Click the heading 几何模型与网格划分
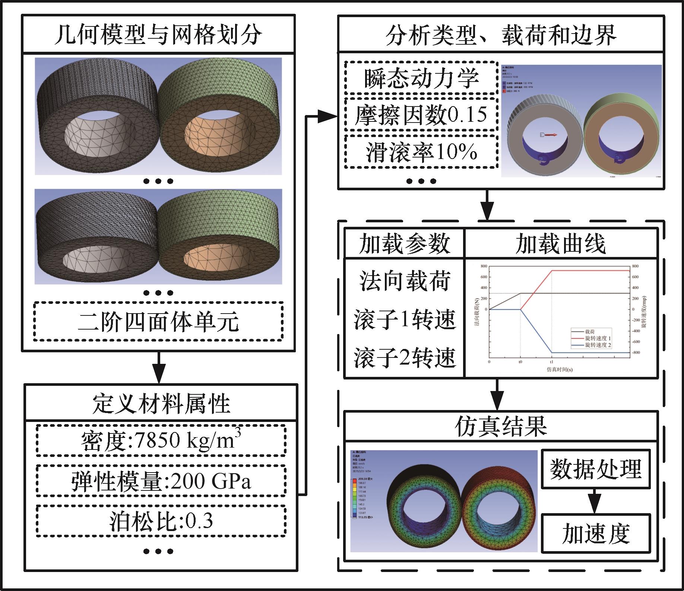point(158,35)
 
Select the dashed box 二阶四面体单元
point(158,321)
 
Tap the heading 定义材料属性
point(161,404)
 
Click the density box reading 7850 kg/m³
point(161,441)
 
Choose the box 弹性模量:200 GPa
point(161,481)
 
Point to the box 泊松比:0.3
point(161,521)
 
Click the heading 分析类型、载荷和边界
point(501,35)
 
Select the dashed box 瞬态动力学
point(421,78)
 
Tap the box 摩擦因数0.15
point(421,115)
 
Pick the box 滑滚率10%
point(421,152)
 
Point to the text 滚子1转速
point(404,320)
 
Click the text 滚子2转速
point(404,358)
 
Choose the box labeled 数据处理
point(595,469)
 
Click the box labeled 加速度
point(595,533)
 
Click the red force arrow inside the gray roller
point(549,135)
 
